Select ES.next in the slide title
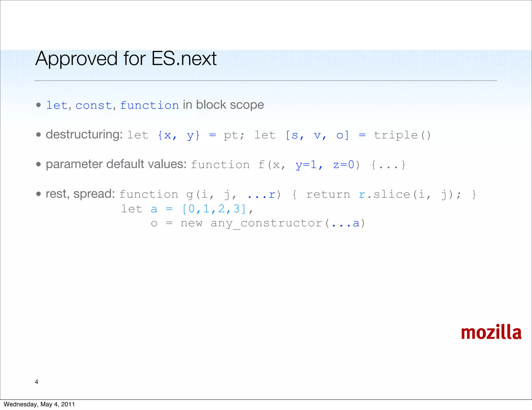pos(184,59)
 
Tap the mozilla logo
pos(491,332)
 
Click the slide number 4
pos(36,382)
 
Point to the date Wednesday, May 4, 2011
pos(39,404)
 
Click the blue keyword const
pos(94,105)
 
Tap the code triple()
pos(402,135)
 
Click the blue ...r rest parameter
pos(261,195)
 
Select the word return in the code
pos(328,195)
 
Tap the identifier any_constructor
pos(266,223)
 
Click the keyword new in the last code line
pos(191,223)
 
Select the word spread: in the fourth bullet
pos(94,194)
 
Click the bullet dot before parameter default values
pos(39,164)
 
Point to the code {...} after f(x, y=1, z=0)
pos(388,165)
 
